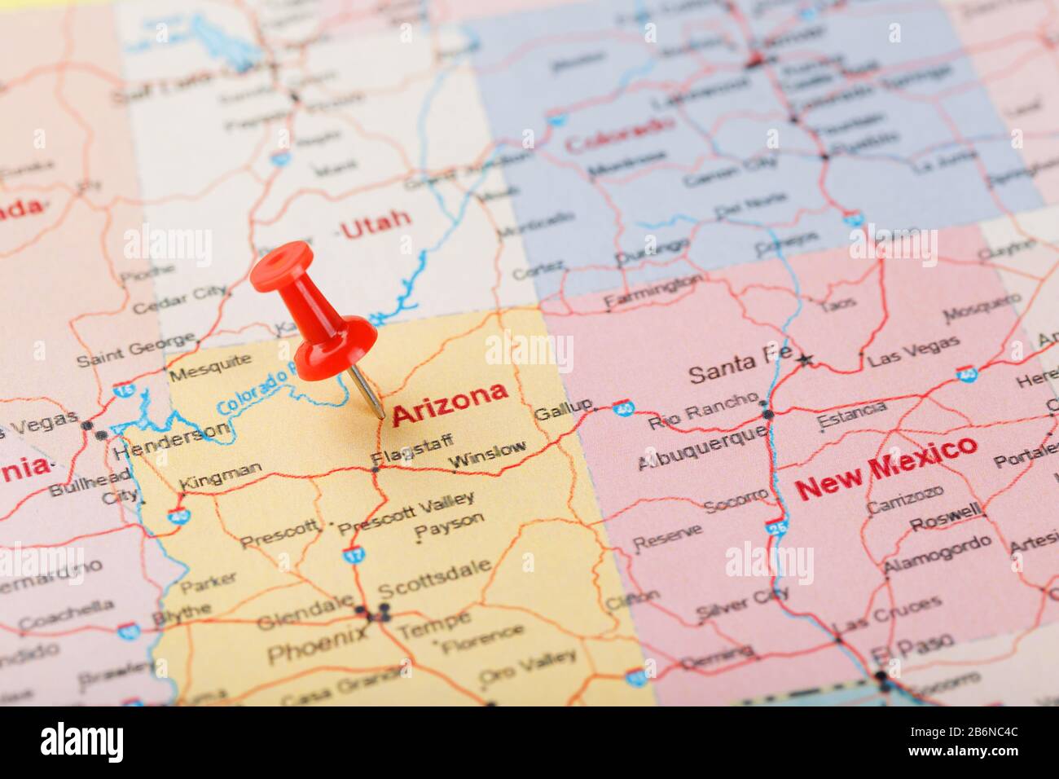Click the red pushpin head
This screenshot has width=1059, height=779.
pyautogui.click(x=282, y=263)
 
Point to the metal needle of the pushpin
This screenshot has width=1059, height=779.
pyautogui.click(x=367, y=392)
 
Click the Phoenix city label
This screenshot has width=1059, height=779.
pyautogui.click(x=316, y=644)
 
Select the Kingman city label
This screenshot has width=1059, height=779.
pyautogui.click(x=220, y=475)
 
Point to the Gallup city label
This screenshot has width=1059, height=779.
pyautogui.click(x=563, y=409)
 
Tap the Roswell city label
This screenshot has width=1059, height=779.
pyautogui.click(x=945, y=516)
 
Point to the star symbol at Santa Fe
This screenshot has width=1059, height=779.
pyautogui.click(x=806, y=359)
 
